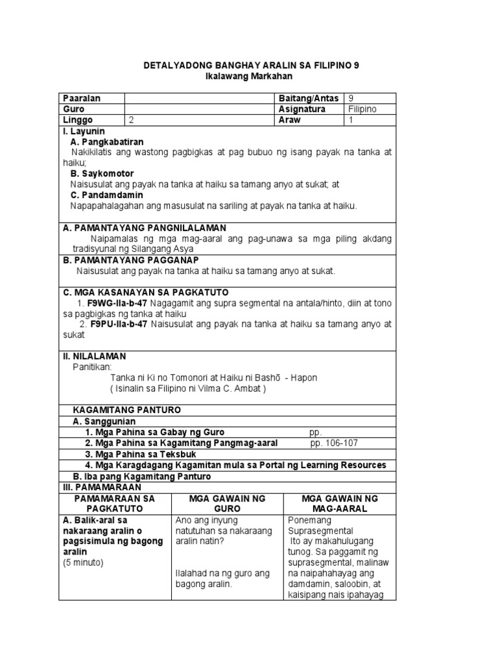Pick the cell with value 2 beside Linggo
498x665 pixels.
point(132,120)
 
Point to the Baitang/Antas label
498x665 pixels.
point(308,98)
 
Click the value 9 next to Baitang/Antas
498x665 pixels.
point(351,98)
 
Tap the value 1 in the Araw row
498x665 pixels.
point(351,120)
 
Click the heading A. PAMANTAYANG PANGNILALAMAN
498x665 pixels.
point(144,228)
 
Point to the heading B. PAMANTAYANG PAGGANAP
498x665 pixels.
point(133,260)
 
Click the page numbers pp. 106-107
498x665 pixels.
point(333,443)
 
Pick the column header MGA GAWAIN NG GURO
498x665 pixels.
point(227,504)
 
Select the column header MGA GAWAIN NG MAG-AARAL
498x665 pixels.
point(340,504)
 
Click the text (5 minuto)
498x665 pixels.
point(83,562)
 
